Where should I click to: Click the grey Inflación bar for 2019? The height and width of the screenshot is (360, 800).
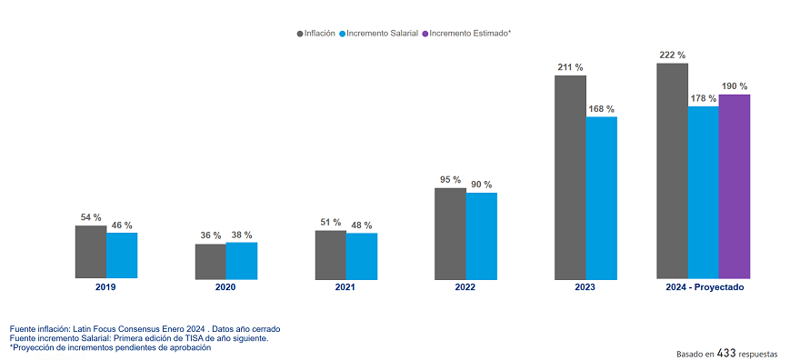[x=91, y=252]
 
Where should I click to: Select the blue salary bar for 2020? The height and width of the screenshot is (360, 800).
[x=241, y=260]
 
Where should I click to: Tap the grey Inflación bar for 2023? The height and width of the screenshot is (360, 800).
[x=570, y=176]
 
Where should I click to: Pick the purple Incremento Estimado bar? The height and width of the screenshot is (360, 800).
[x=734, y=186]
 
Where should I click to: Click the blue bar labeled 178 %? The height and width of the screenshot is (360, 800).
[x=703, y=192]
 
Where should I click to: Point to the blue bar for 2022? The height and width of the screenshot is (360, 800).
[x=482, y=235]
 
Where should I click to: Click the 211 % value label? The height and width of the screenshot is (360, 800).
[x=570, y=67]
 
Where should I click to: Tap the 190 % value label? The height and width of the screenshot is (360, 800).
[x=734, y=86]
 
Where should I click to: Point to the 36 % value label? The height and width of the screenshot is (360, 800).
[x=211, y=236]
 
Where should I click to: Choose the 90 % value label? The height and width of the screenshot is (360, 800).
[x=482, y=185]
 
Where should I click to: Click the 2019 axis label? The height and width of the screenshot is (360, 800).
[x=106, y=287]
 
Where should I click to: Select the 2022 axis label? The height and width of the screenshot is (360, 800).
[x=465, y=287]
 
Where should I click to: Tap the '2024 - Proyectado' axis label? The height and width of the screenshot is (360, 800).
[x=704, y=287]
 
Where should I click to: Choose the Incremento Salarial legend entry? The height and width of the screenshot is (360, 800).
[x=379, y=33]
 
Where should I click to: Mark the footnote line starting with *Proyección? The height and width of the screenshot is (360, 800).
[x=110, y=348]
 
